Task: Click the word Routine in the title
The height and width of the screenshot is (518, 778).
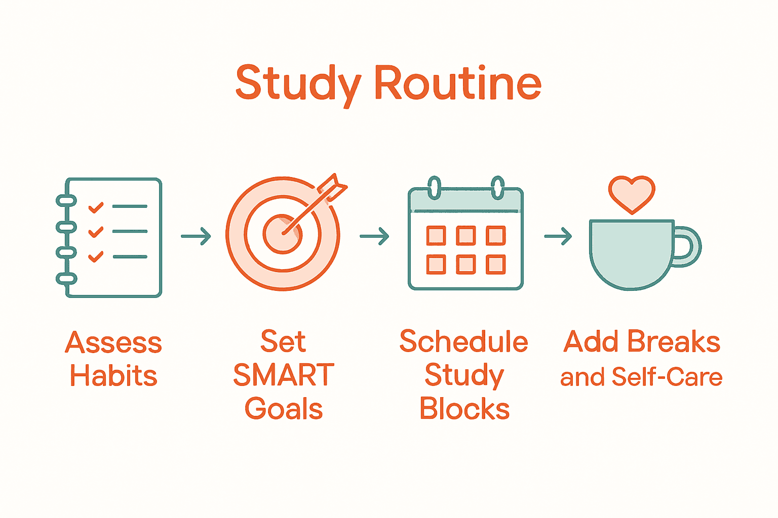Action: tap(458, 83)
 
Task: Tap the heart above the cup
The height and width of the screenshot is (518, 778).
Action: tap(632, 193)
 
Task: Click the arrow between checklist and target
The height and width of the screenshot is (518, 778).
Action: tap(196, 236)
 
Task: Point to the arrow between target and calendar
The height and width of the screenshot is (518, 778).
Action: tap(374, 236)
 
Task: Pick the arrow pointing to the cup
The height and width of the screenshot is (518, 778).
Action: tap(558, 236)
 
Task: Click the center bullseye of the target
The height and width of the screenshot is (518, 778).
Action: tap(282, 233)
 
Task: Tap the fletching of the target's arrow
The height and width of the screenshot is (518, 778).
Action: tap(334, 187)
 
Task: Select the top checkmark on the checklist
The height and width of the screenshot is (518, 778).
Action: tap(96, 207)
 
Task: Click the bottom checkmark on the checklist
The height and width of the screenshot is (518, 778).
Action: tap(96, 256)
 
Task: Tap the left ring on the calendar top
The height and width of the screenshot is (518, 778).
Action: tap(434, 188)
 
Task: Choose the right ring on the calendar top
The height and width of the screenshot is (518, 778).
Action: tap(498, 188)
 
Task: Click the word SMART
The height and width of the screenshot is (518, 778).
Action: tap(284, 375)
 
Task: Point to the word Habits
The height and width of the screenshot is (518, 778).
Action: tap(113, 376)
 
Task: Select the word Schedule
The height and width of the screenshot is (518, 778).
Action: tap(463, 342)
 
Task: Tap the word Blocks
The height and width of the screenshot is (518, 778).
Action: tap(464, 409)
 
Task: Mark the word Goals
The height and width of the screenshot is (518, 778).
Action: tap(284, 409)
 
